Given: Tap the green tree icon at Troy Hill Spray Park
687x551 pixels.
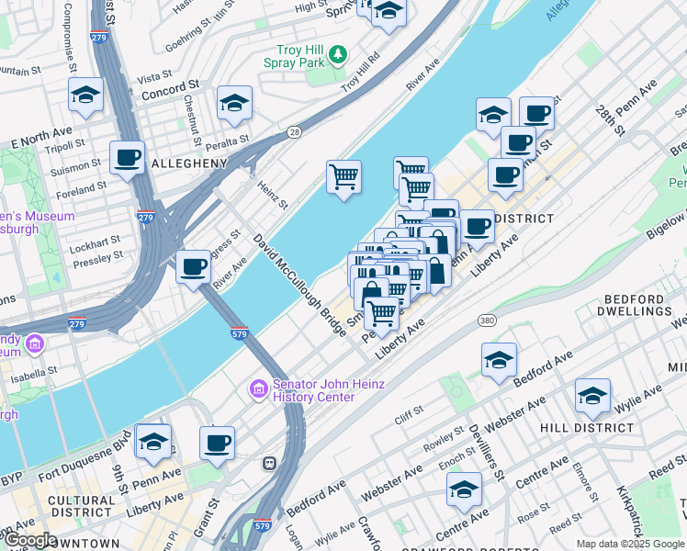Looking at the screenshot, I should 339,55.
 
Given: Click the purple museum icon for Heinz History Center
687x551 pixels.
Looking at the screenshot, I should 258,390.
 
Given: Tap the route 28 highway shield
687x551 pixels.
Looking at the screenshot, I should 293,132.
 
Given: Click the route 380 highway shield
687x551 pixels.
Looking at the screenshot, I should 487,320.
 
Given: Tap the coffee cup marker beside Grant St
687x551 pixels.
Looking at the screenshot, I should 217,443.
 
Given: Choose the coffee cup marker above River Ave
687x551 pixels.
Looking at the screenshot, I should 193,266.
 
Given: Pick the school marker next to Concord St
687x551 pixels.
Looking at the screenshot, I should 85,95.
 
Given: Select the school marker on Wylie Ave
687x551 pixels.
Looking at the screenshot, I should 592,395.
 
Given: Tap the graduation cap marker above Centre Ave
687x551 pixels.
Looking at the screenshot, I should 465,489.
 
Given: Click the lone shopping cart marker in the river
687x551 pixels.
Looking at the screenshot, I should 343,176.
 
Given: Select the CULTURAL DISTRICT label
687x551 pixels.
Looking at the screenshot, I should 83,507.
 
